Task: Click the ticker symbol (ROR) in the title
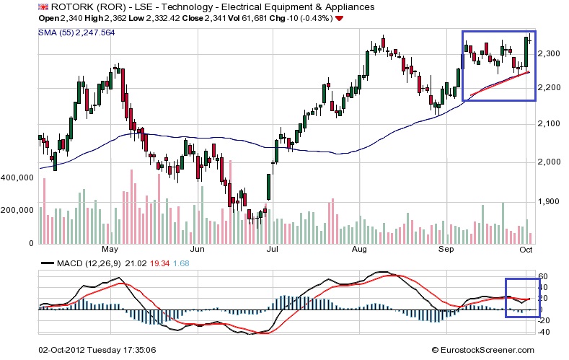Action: point(102,6)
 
